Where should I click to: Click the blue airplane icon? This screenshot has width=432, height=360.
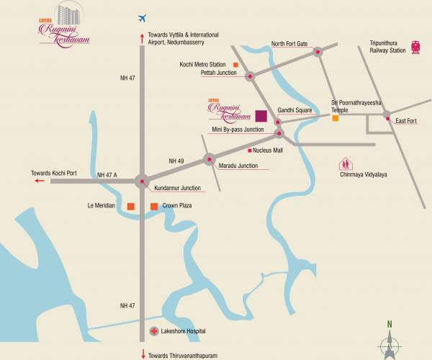pos(141,17)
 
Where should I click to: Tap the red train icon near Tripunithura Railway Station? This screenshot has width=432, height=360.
pos(415,48)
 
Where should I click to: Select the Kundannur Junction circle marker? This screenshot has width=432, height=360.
pos(141,181)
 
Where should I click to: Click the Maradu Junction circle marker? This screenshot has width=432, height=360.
pos(209,160)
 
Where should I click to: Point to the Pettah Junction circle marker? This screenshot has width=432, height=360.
pos(250,76)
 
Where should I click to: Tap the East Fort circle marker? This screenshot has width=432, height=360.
pos(387,115)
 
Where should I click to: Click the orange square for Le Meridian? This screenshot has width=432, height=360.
pos(130,207)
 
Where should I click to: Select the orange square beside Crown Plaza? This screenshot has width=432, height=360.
pos(153,207)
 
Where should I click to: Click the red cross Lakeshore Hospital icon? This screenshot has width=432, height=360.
pos(153,331)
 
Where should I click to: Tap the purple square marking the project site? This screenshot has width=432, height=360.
pos(261,114)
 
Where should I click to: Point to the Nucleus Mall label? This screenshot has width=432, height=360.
pos(270,151)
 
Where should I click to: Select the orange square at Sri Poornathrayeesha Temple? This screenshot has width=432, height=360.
pos(336,118)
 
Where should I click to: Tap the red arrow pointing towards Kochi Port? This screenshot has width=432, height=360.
pos(37,182)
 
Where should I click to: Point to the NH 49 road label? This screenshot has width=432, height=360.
pos(177,160)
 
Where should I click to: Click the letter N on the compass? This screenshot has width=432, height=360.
pos(390,323)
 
